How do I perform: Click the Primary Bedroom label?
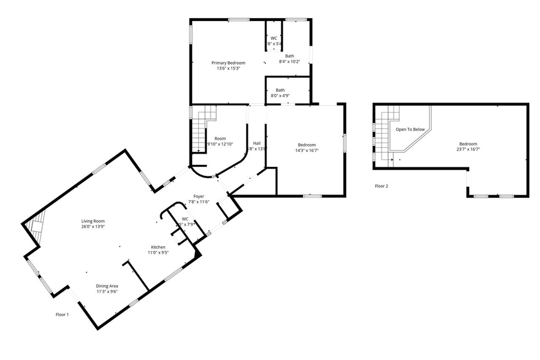[x=228, y=62]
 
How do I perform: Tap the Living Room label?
[x=93, y=221]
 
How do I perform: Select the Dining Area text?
[x=107, y=286]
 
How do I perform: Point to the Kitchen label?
[x=158, y=247]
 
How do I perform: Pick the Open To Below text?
[x=410, y=129]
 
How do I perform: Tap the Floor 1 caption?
[x=62, y=314]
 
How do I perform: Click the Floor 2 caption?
[x=382, y=186]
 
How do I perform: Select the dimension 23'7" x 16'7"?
[x=468, y=150]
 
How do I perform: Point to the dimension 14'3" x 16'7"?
[x=307, y=150]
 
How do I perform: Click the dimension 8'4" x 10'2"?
[x=289, y=62]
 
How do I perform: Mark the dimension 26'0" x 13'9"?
[x=93, y=227]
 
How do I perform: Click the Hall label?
[x=257, y=143]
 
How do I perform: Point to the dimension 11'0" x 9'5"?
[x=158, y=253]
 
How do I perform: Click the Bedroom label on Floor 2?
[x=468, y=144]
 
